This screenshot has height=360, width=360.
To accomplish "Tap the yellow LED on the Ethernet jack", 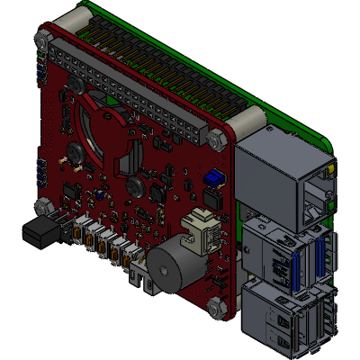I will [334, 168].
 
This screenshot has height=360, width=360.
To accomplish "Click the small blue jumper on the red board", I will [213, 176].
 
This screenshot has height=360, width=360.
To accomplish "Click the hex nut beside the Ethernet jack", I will [216, 139].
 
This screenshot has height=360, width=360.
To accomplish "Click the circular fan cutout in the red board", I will [103, 135].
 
